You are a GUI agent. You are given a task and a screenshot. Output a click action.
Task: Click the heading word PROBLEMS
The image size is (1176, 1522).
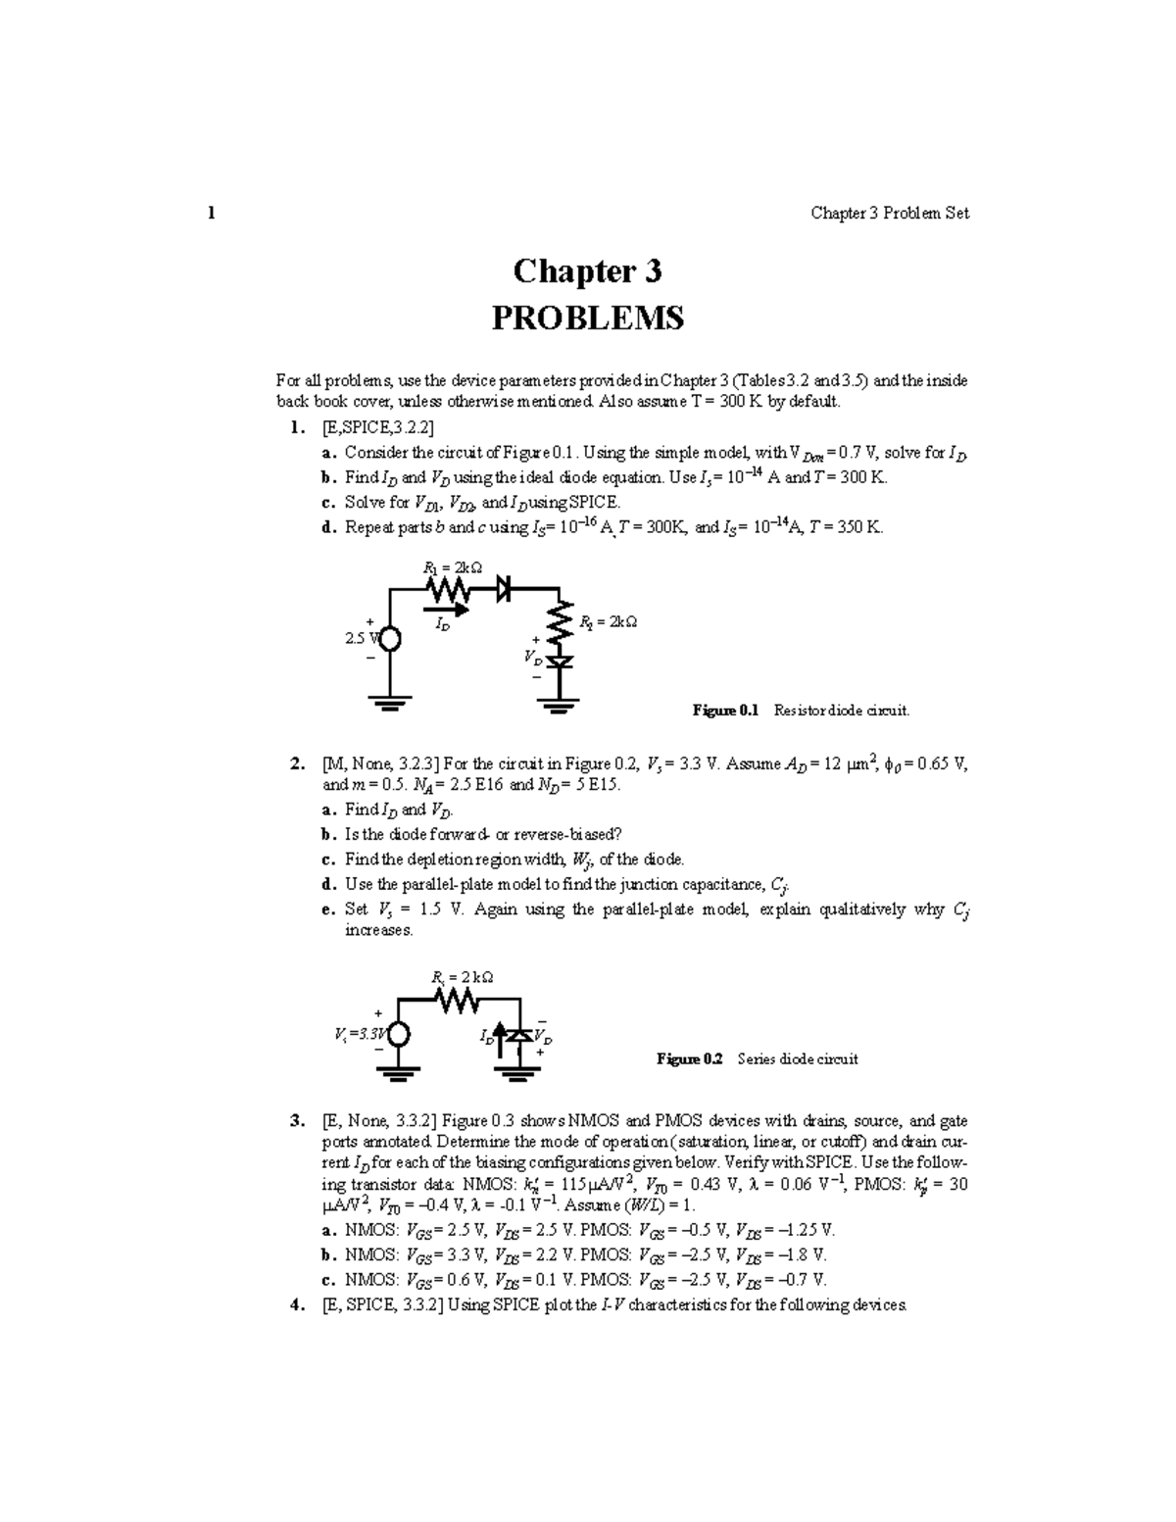pyautogui.click(x=587, y=318)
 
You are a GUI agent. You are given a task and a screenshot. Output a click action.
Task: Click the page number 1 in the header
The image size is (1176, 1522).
pyautogui.click(x=211, y=214)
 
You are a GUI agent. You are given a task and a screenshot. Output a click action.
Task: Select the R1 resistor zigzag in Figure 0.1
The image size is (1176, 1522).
pyautogui.click(x=450, y=589)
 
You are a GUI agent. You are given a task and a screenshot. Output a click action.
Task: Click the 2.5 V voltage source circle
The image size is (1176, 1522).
pyautogui.click(x=389, y=639)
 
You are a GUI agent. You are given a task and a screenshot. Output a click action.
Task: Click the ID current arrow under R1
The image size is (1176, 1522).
pyautogui.click(x=450, y=609)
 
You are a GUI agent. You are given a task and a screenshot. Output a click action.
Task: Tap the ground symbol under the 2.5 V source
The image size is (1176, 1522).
pyautogui.click(x=389, y=703)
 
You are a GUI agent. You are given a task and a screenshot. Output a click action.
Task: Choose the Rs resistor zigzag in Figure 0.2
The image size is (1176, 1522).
pyautogui.click(x=458, y=1000)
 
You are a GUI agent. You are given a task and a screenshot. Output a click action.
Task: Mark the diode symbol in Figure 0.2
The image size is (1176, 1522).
pyautogui.click(x=519, y=1036)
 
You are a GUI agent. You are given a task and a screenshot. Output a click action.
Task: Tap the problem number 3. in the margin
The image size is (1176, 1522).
pyautogui.click(x=297, y=1121)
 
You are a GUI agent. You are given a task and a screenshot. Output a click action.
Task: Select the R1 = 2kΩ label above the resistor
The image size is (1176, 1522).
pyautogui.click(x=452, y=566)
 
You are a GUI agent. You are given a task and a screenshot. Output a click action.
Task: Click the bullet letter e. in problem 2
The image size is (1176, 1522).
pyautogui.click(x=328, y=909)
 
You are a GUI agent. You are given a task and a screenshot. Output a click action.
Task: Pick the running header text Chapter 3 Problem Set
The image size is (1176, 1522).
pyautogui.click(x=890, y=214)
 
